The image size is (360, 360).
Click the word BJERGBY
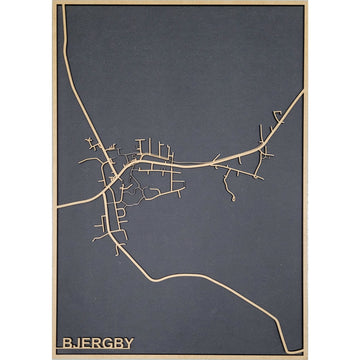click(97, 343)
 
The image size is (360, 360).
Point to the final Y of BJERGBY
click(129, 343)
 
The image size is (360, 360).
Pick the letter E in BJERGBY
click(85, 343)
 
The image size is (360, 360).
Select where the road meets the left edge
click(58, 205)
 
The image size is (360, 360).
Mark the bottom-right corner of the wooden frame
click(305, 357)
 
